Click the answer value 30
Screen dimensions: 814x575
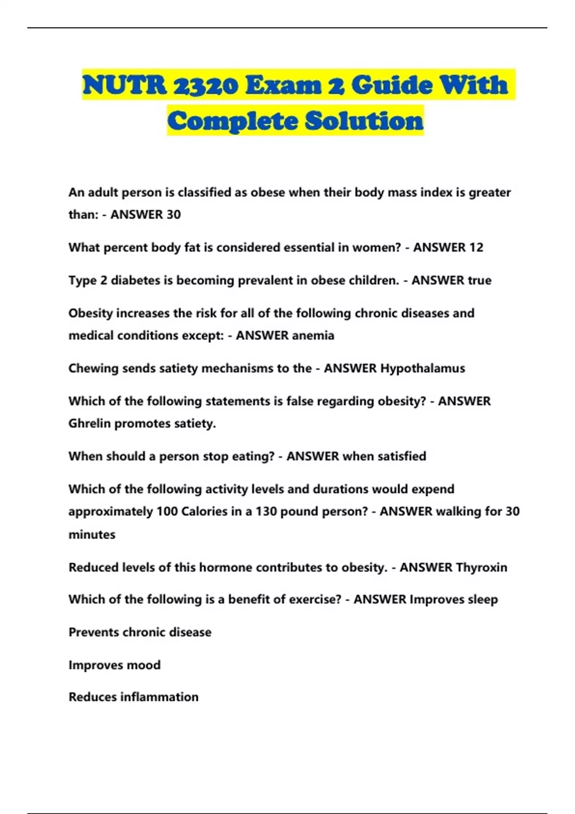coord(173,215)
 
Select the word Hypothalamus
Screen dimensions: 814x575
coord(423,369)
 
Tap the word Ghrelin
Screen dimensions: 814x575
coord(90,424)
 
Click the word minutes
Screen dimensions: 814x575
coord(92,535)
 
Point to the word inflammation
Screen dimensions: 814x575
coord(159,697)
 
